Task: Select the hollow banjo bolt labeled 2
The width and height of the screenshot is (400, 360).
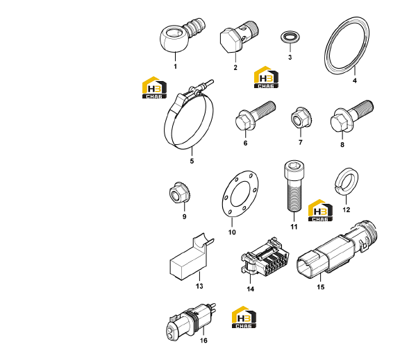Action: (x=238, y=37)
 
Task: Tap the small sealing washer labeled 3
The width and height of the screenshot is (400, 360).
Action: (x=290, y=37)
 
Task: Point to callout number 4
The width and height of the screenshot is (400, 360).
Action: (x=354, y=80)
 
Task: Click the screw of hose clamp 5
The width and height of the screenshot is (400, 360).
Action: (x=201, y=86)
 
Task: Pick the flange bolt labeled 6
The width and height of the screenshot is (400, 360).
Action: (x=255, y=115)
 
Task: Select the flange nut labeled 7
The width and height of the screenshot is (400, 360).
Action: (x=301, y=118)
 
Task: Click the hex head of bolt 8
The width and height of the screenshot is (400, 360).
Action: (x=340, y=123)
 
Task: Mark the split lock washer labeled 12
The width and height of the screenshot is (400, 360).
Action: (x=346, y=181)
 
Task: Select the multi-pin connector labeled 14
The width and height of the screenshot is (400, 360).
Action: (x=265, y=258)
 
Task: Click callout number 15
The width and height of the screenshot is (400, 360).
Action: (x=321, y=287)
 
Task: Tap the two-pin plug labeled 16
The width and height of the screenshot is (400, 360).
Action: (x=192, y=323)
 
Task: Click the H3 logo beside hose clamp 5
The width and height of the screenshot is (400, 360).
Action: (x=154, y=87)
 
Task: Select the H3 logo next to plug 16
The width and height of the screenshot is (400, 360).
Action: (x=244, y=317)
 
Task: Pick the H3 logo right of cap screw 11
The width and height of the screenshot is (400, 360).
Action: (x=320, y=210)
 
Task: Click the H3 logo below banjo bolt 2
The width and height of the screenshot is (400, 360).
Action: (x=266, y=77)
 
